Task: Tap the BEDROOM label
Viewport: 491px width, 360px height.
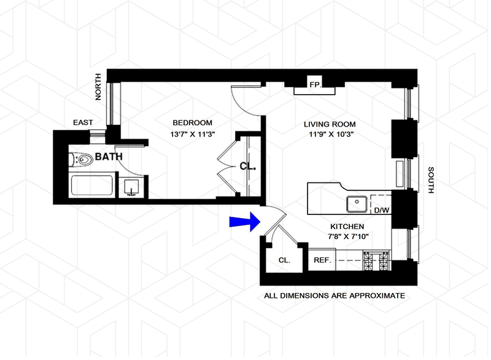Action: [192, 122]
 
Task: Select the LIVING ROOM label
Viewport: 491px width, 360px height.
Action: [330, 123]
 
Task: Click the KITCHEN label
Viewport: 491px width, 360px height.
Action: [346, 226]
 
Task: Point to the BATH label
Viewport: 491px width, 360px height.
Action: [109, 157]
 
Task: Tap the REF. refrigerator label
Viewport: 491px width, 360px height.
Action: [323, 260]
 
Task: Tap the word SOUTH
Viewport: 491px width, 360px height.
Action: [431, 181]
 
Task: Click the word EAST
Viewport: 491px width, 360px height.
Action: [83, 123]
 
